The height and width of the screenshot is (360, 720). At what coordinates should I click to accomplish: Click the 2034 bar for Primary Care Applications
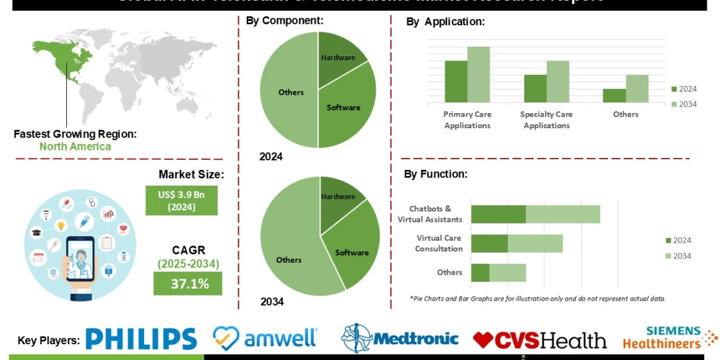coord(479,74)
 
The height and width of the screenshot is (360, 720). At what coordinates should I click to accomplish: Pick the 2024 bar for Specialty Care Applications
coord(535,88)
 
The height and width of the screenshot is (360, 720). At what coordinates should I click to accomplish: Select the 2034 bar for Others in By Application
coord(637,88)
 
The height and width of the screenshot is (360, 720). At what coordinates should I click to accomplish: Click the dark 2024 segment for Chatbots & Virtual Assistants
coord(498,214)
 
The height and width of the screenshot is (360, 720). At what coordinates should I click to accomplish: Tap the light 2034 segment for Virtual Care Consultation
coord(535,243)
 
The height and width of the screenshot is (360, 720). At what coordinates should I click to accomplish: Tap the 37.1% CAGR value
coord(188,284)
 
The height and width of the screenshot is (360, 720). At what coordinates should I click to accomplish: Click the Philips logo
coord(141,339)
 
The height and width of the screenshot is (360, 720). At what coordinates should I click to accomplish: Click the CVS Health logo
coord(539,340)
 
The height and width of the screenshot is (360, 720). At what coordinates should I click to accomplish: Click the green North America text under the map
coord(75,147)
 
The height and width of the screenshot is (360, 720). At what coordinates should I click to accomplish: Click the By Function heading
coord(436,174)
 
